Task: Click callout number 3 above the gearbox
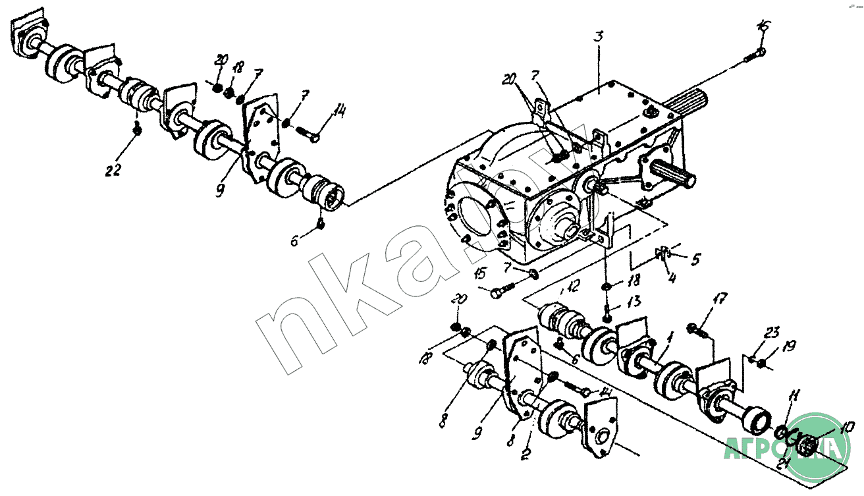[x=598, y=37]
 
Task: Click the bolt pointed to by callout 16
[x=754, y=55]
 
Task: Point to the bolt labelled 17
[x=695, y=329]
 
